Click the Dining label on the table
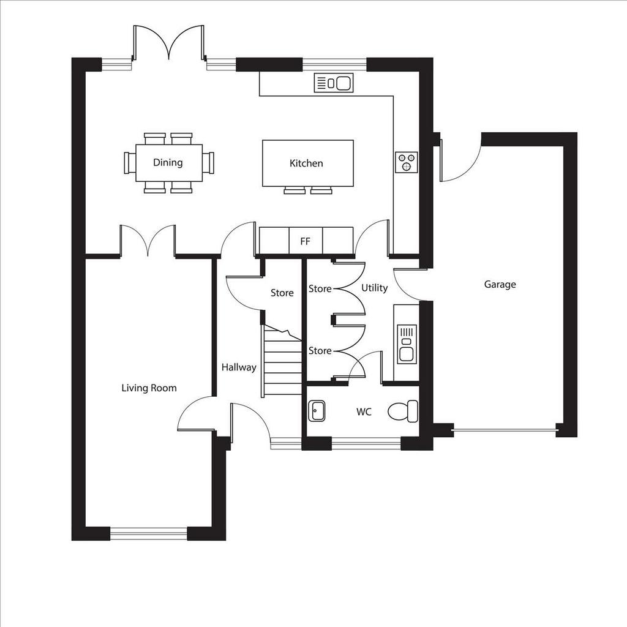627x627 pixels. pyautogui.click(x=168, y=162)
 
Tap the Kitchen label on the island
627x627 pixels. pyautogui.click(x=306, y=163)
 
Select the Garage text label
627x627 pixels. pyautogui.click(x=500, y=284)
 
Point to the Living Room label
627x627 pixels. pyautogui.click(x=149, y=388)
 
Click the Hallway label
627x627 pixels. pyautogui.click(x=239, y=367)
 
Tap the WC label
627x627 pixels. pyautogui.click(x=364, y=411)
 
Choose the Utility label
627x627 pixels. pyautogui.click(x=375, y=288)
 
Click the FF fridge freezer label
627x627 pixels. pyautogui.click(x=305, y=241)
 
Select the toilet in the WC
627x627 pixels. pyautogui.click(x=403, y=411)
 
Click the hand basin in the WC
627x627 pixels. pyautogui.click(x=317, y=411)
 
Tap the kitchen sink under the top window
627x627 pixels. pyautogui.click(x=334, y=83)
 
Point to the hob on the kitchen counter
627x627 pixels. pyautogui.click(x=407, y=162)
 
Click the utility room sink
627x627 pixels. pyautogui.click(x=407, y=344)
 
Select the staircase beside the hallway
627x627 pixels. pyautogui.click(x=282, y=361)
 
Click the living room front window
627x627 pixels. pyautogui.click(x=149, y=533)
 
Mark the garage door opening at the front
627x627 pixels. pyautogui.click(x=505, y=430)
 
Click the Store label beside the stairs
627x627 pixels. pyautogui.click(x=282, y=293)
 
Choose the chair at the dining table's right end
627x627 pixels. pyautogui.click(x=208, y=163)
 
